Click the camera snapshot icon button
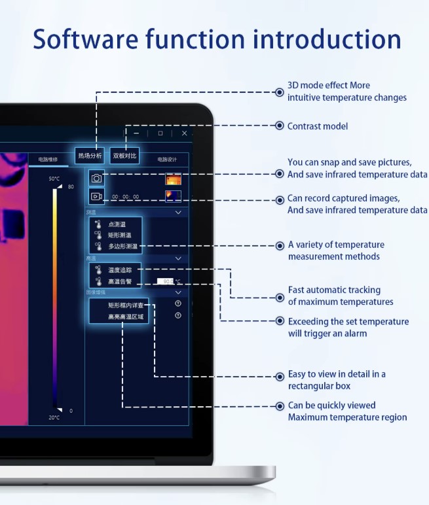(96, 178)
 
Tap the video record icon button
(96, 196)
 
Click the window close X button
(185, 133)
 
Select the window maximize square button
(160, 133)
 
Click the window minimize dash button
(137, 133)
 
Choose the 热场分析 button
(90, 156)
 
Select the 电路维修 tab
(48, 159)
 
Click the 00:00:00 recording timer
(125, 196)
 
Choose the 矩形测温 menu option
(119, 235)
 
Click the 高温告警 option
(119, 282)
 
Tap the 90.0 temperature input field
(167, 282)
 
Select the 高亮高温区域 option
(125, 317)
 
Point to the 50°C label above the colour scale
(54, 179)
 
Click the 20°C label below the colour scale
(54, 417)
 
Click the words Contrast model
(318, 126)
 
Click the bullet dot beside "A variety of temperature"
(280, 246)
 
